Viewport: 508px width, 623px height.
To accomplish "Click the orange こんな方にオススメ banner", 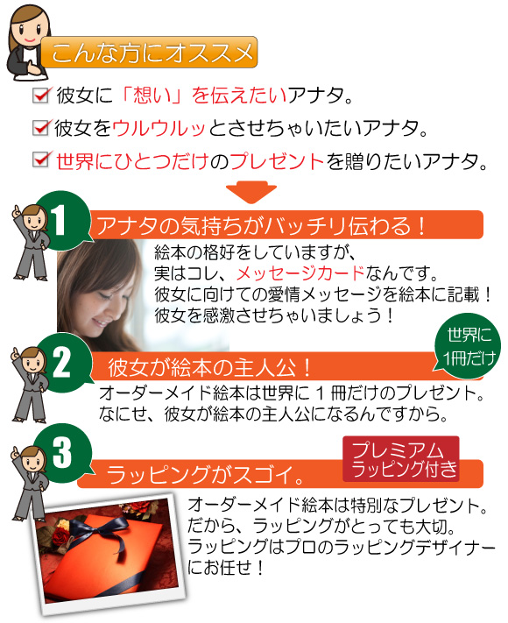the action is click(x=150, y=53).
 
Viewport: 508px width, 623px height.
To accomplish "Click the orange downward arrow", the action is click(x=251, y=192).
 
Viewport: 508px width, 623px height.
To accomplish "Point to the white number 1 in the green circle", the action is click(x=60, y=221).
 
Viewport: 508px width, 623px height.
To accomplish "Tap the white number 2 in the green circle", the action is click(x=61, y=363).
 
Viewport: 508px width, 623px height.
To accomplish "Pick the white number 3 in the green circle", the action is click(x=62, y=452).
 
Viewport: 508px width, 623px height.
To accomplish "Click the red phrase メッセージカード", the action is click(x=300, y=273).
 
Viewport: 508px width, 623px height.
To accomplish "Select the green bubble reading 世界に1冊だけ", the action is click(x=469, y=346).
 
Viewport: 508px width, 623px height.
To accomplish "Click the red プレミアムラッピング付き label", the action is click(x=401, y=459).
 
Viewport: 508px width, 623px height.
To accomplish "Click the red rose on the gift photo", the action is click(x=61, y=537).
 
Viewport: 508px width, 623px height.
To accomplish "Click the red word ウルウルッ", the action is click(x=159, y=128).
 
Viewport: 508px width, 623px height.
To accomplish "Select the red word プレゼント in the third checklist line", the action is click(x=278, y=161).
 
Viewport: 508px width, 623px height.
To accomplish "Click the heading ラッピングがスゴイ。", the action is click(x=206, y=474).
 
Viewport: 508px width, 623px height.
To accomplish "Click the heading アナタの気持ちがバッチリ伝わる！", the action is click(x=261, y=226).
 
